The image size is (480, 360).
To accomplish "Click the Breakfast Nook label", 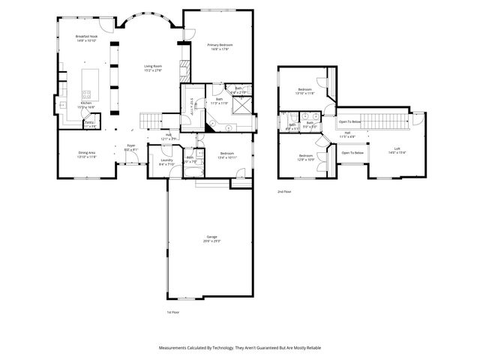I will pyautogui.click(x=88, y=37).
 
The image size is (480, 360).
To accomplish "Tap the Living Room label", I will pyautogui.click(x=153, y=67).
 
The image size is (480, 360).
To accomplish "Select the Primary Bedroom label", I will pyautogui.click(x=220, y=46).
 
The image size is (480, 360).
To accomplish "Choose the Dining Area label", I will pyautogui.click(x=87, y=153).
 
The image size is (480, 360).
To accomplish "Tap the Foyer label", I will pyautogui.click(x=130, y=145).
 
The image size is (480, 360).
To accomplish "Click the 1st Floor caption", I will pyautogui.click(x=174, y=312).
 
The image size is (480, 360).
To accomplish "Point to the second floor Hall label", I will pyautogui.click(x=347, y=133).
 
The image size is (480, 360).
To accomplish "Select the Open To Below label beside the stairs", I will pyautogui.click(x=350, y=121).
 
